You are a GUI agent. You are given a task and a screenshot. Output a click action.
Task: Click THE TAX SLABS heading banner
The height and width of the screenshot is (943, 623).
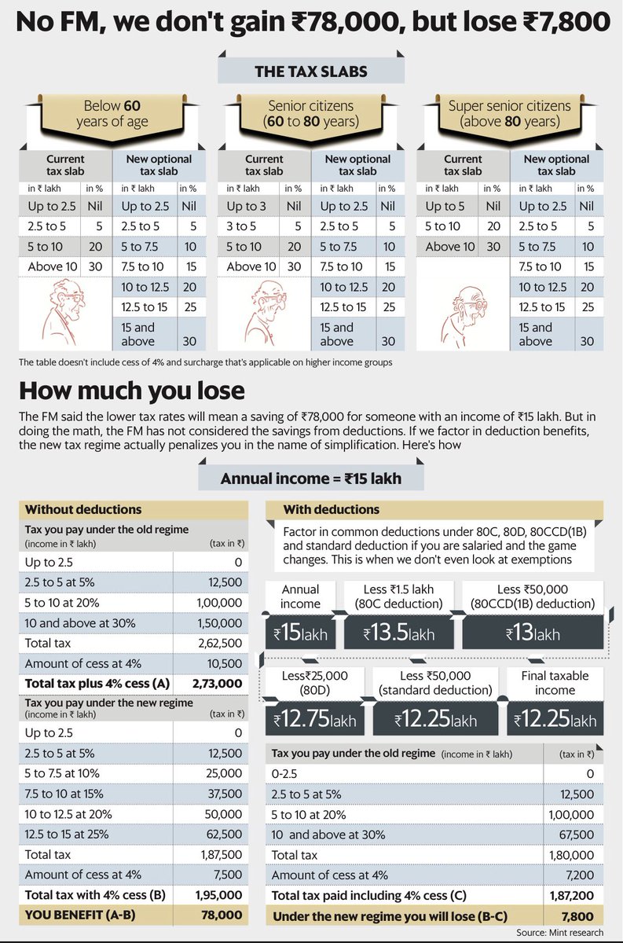click(311, 71)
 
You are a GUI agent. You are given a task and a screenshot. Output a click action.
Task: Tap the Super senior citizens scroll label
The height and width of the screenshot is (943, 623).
click(510, 114)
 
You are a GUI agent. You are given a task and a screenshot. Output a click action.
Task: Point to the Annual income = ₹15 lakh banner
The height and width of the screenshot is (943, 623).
click(311, 478)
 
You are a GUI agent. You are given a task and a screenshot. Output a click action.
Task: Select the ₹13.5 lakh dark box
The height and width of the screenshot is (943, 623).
click(399, 633)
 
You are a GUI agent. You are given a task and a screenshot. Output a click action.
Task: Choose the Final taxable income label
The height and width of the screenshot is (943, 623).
click(555, 682)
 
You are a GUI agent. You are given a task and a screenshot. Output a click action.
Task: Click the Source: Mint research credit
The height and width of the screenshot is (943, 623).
click(563, 932)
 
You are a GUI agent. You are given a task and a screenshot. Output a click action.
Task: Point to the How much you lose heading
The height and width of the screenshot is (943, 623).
click(132, 390)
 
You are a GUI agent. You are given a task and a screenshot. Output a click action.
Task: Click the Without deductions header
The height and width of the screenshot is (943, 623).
click(84, 509)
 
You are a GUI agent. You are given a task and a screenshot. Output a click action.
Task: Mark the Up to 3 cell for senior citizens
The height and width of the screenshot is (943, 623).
click(248, 207)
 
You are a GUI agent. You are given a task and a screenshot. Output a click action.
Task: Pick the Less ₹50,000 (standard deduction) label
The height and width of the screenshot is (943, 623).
click(435, 682)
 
